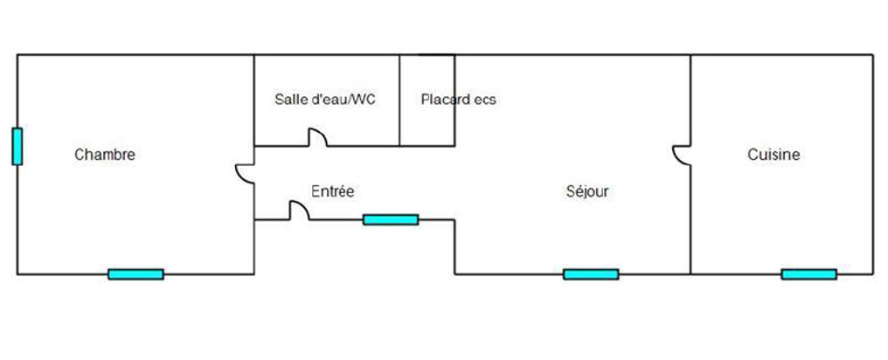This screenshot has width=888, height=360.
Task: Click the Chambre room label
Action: coord(105,155)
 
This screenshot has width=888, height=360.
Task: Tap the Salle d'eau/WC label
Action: coord(325,100)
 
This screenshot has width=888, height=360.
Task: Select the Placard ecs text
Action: coord(458,100)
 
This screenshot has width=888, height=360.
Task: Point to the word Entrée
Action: coord(333,190)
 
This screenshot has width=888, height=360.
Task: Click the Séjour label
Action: coord(587,191)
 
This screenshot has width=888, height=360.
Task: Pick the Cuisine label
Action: coord(774,155)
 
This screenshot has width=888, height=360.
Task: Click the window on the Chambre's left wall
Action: coord(17,146)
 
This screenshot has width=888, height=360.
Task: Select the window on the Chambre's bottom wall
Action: coord(135,273)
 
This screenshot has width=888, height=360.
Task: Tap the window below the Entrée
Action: coord(391,219)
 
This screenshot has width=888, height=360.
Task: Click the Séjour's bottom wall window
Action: coord(591,273)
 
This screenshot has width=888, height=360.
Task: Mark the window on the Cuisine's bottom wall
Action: coord(808,273)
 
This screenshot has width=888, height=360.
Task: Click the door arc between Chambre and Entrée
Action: coord(246,173)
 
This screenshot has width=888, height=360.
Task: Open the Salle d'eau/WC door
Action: coord(316,137)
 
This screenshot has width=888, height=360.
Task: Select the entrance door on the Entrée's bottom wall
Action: coord(299,211)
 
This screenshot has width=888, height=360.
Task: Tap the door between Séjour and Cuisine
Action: coord(682,154)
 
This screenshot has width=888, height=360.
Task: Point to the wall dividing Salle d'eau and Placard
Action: coord(399,87)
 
